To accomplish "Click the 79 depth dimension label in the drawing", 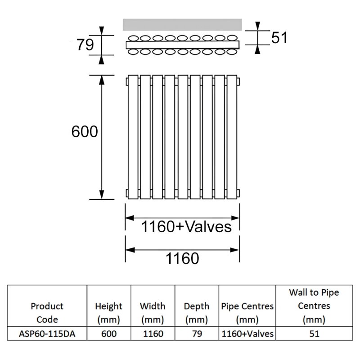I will coord(85,45).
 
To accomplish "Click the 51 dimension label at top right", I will coord(279,38).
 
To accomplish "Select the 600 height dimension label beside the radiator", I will coord(85,132).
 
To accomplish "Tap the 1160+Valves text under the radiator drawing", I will coord(186,226).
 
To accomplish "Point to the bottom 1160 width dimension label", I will coord(182,258).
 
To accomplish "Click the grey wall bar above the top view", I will coord(182,24).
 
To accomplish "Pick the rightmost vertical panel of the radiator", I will coord(232,136).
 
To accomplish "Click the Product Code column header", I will coord(47,313).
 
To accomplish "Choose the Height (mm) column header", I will coord(108,313).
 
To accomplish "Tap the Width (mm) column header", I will coord(152,313).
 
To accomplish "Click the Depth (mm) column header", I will coord(196,313).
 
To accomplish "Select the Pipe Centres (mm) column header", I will coord(247,313).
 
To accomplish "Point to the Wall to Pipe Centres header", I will coord(313,306).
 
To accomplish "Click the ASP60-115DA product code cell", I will coord(47,334).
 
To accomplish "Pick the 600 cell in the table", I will coord(108,334).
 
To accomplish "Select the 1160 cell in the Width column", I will coord(152,334).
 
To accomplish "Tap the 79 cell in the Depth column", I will coord(196,334).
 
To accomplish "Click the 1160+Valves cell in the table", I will coord(247,334).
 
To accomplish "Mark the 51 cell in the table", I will coord(313,334).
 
